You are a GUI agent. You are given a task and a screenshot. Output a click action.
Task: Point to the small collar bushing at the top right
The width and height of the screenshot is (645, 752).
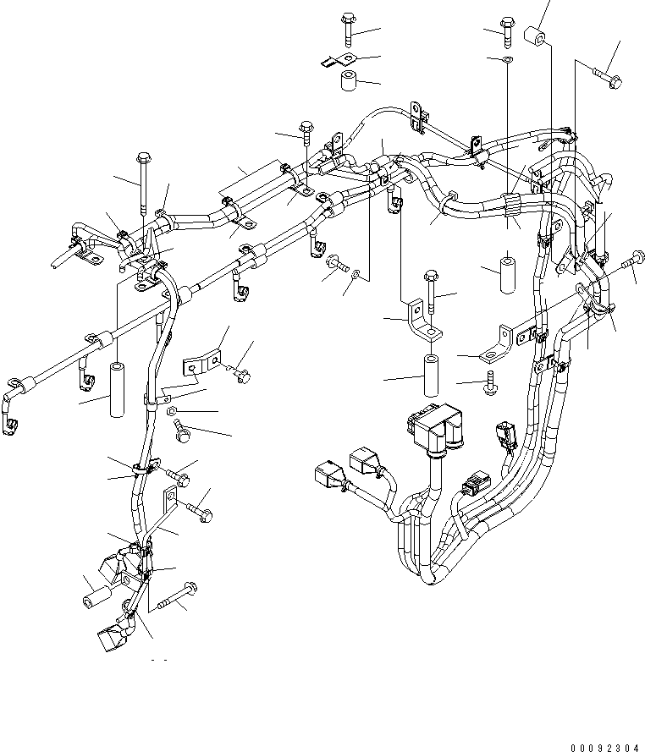[534, 38]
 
